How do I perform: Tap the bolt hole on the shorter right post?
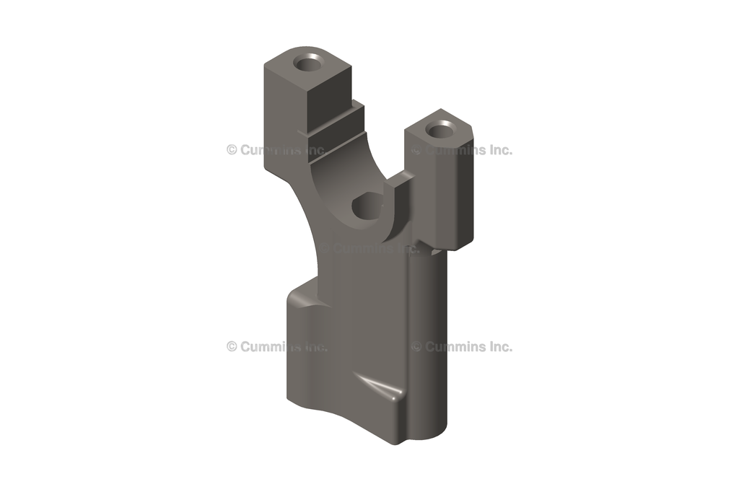pos(438,131)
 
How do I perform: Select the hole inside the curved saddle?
pos(366,206)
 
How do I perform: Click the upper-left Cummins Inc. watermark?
pos(276,150)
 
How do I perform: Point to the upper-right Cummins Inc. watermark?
pos(462,150)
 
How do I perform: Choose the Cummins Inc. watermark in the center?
pos(369,248)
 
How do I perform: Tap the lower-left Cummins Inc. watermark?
pos(276,346)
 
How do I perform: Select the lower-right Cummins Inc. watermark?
pos(462,346)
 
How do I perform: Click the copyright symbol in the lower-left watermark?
pos(232,346)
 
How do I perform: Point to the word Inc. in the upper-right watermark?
pos(498,150)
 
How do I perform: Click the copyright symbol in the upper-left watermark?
pos(232,150)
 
